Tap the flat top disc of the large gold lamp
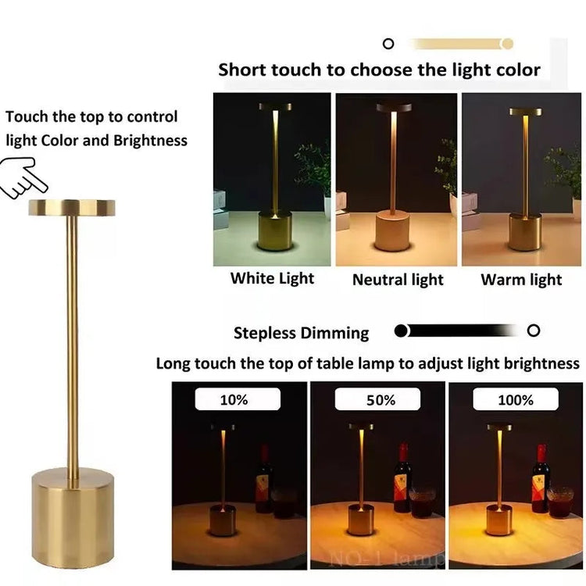tap(72, 207)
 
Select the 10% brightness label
tap(234, 399)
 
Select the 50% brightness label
tap(381, 399)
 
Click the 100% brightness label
tap(516, 399)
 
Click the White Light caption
tap(272, 278)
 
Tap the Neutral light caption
tap(398, 280)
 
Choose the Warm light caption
tap(521, 280)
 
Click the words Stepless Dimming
tap(301, 333)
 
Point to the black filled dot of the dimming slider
tap(402, 331)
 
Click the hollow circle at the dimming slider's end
tap(534, 331)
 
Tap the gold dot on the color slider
tap(507, 44)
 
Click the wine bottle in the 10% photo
tap(264, 479)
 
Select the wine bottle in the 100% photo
tap(540, 478)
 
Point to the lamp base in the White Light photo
tap(274, 231)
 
